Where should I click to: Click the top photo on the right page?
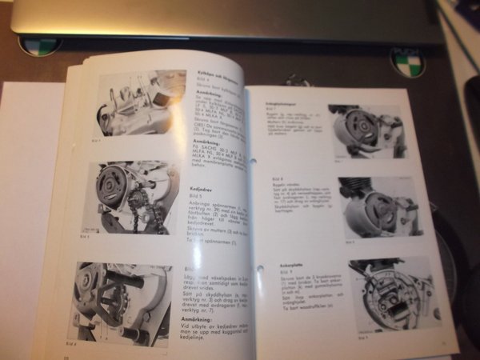click(365, 132)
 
